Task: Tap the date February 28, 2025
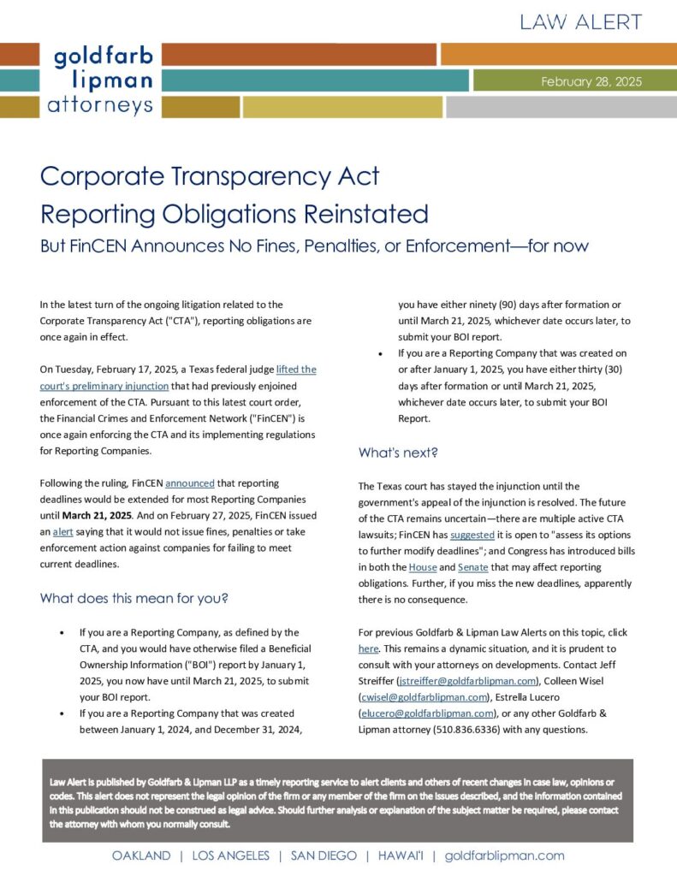pos(591,82)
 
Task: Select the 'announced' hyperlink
pos(190,483)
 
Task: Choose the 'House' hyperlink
pos(423,567)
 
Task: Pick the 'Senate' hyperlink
pos(472,567)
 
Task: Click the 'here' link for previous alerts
pos(368,648)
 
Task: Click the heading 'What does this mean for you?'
pos(134,598)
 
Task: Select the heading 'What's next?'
pos(398,453)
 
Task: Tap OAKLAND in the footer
pos(140,855)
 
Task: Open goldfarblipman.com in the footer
pos(505,855)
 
